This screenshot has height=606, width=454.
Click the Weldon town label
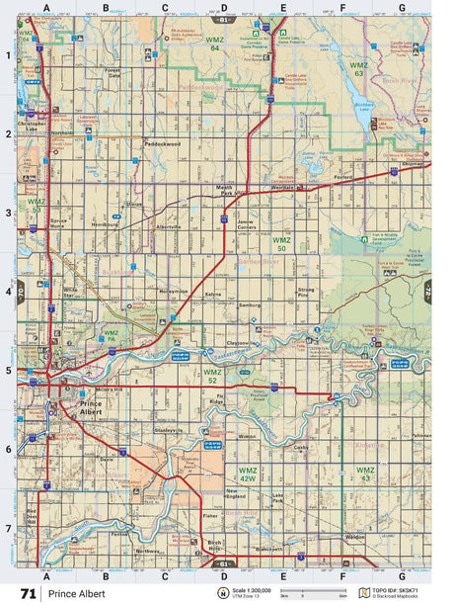pyautogui.click(x=351, y=538)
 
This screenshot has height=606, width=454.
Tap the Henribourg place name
pyautogui.click(x=104, y=224)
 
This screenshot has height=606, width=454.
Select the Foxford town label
pyautogui.click(x=342, y=178)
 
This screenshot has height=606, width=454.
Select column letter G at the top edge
pyautogui.click(x=402, y=7)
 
